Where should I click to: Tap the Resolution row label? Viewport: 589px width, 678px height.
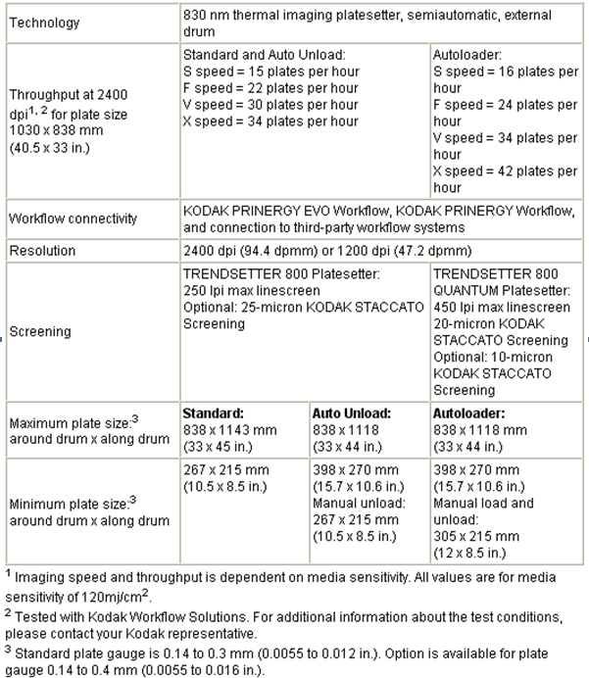click(42, 251)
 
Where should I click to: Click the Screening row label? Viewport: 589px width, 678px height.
click(40, 331)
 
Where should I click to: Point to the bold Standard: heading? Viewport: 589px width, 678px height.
click(213, 414)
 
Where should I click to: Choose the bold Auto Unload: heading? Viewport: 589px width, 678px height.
click(350, 414)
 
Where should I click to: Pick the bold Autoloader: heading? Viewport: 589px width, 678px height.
click(468, 414)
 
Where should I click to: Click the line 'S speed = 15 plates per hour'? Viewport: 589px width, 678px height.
click(270, 72)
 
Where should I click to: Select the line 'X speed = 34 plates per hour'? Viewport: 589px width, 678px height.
click(270, 121)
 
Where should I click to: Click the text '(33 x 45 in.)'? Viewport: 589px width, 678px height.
click(219, 446)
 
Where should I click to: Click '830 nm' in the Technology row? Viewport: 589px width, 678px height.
click(206, 16)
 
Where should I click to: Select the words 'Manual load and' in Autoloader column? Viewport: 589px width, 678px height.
click(483, 504)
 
